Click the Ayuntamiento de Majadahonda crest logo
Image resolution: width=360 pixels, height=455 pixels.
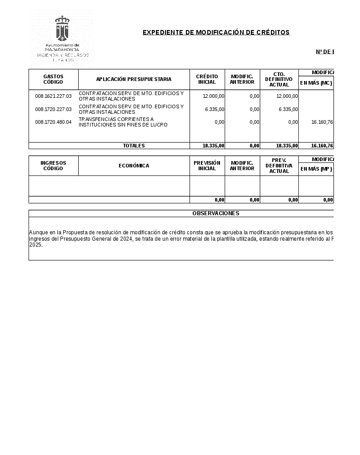tap(62, 28)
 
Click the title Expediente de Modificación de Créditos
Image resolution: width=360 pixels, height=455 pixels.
tap(216, 32)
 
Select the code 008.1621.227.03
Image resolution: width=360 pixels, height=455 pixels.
tap(53, 96)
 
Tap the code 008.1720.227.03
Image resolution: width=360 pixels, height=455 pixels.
tap(53, 109)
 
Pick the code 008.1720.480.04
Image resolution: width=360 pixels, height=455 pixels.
tap(53, 122)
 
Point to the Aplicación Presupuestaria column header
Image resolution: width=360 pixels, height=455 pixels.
tap(134, 79)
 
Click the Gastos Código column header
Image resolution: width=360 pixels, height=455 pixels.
tap(53, 79)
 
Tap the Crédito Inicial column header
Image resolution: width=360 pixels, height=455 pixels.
tap(207, 79)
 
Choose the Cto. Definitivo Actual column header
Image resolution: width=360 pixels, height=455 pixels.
tap(279, 79)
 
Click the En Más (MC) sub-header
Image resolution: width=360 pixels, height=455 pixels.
tap(316, 83)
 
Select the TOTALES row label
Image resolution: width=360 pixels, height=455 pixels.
tap(134, 146)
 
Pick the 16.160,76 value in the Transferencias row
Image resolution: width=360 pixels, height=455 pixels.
tap(322, 122)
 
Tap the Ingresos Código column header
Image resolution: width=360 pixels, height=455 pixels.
tap(53, 166)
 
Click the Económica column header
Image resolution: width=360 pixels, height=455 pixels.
tap(134, 166)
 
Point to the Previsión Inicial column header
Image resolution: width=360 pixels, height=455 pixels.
tap(207, 166)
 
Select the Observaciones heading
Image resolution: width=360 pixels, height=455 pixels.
tap(215, 213)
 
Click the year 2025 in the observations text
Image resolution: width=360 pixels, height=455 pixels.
tap(35, 245)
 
